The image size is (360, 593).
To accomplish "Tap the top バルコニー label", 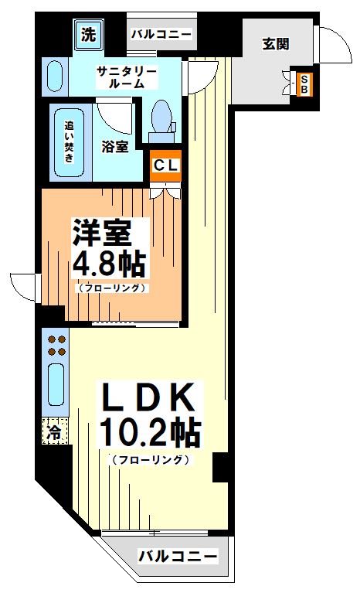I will click(160, 33).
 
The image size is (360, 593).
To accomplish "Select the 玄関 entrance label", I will click(276, 43).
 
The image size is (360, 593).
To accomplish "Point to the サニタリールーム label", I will click(127, 77).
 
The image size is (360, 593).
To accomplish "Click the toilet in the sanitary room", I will click(162, 120).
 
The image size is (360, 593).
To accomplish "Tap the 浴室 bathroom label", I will click(115, 146).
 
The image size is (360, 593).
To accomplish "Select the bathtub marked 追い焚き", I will click(69, 142).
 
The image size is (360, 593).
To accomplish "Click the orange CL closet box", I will click(165, 165).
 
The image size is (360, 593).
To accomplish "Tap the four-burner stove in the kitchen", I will click(55, 345).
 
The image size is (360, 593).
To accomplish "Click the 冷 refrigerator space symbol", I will click(54, 430).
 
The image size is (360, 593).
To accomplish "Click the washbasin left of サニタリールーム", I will click(53, 77).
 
